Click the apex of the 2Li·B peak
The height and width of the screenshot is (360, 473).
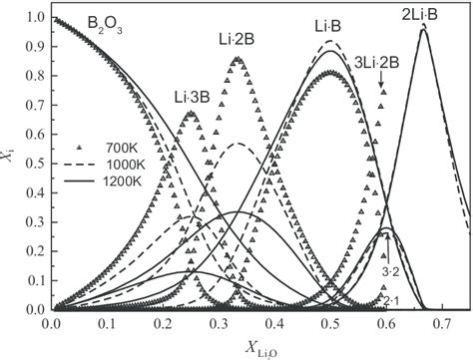(x=423, y=29)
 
